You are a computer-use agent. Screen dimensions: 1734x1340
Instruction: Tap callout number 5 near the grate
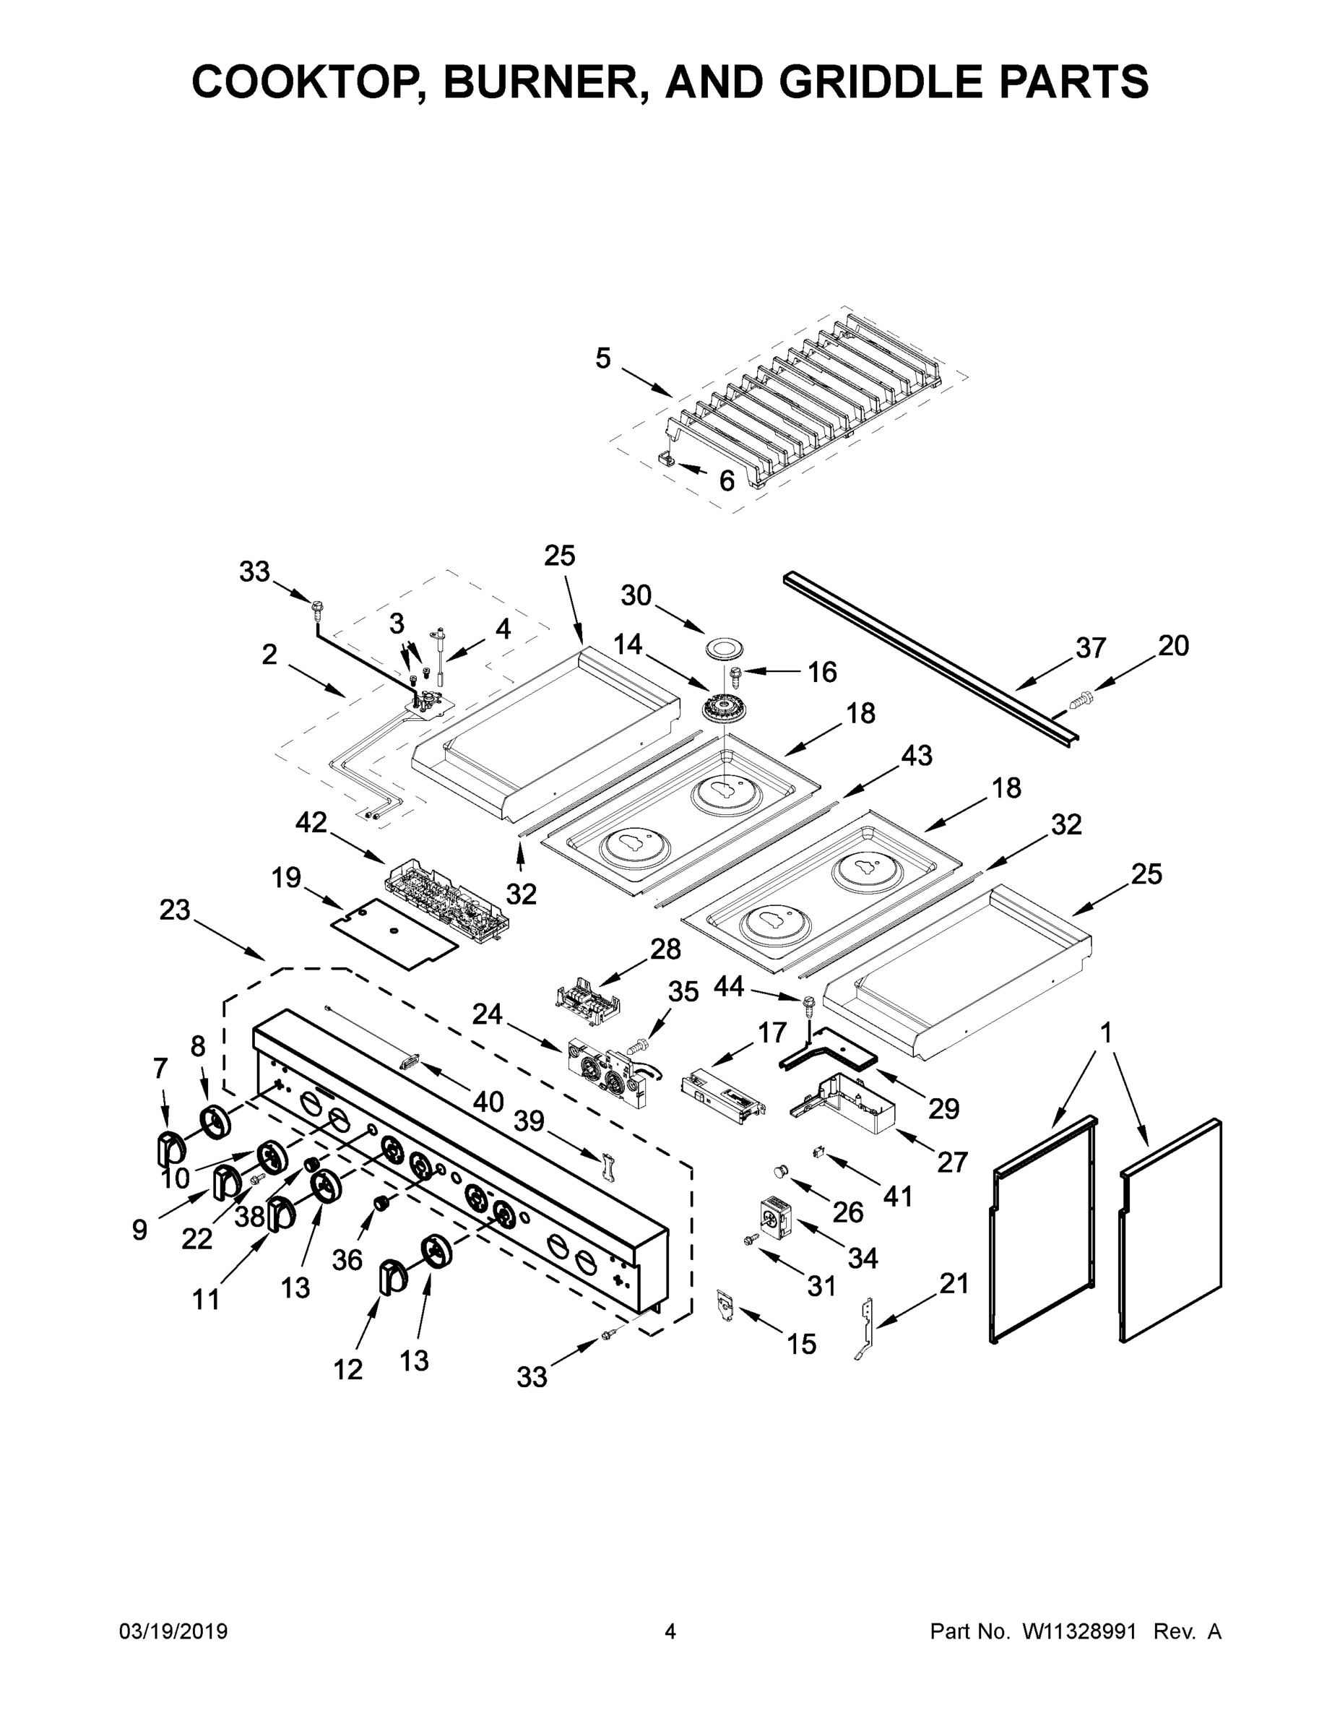[603, 358]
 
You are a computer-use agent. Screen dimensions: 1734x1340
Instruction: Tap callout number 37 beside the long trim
[1091, 648]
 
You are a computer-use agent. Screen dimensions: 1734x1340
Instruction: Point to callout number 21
[954, 1283]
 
